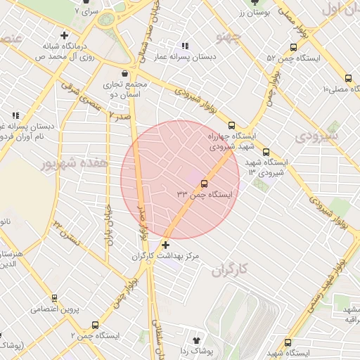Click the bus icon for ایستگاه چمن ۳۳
(x=205, y=185)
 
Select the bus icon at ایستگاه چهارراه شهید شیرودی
(x=232, y=124)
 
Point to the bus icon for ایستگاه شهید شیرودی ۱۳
(x=265, y=152)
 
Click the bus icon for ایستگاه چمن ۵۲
(x=292, y=48)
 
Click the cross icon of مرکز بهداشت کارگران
(x=165, y=245)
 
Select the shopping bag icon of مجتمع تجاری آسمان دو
(x=124, y=73)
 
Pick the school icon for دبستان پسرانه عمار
(x=184, y=46)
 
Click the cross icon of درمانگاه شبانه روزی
(x=65, y=35)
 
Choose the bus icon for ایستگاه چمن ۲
(x=95, y=325)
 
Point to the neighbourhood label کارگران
(x=231, y=269)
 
